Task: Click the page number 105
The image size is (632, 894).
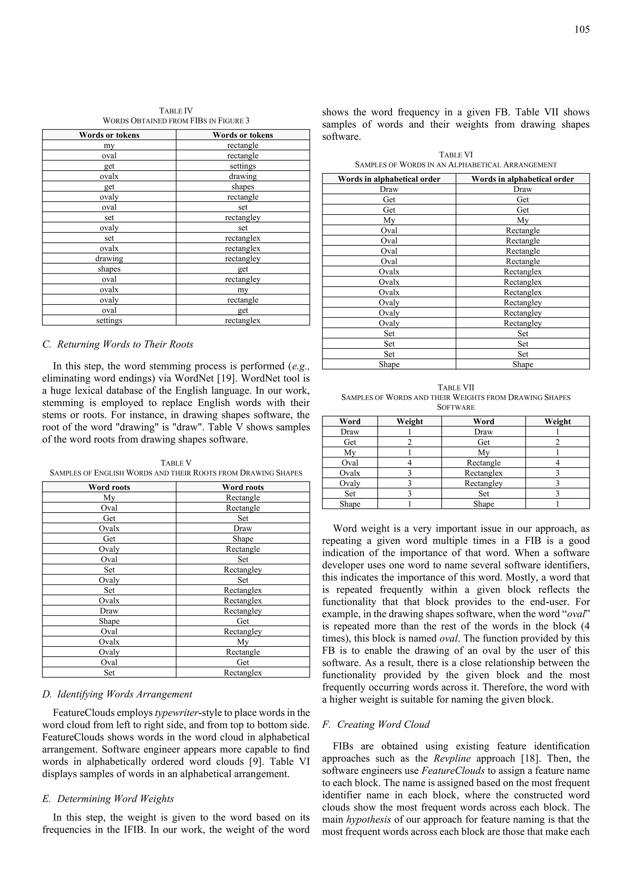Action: pyautogui.click(x=581, y=30)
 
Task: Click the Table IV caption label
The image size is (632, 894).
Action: pyautogui.click(x=176, y=111)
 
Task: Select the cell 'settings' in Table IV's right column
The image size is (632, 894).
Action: pyautogui.click(x=243, y=166)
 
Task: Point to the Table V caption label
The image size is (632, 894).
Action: pyautogui.click(x=176, y=463)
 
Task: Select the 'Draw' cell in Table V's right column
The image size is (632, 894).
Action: pyautogui.click(x=243, y=528)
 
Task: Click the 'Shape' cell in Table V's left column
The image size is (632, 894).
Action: pyautogui.click(x=109, y=621)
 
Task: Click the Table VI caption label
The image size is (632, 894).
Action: pyautogui.click(x=455, y=155)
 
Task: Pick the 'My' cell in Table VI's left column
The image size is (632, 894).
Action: pyautogui.click(x=389, y=220)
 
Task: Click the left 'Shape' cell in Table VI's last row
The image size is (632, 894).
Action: pyautogui.click(x=389, y=364)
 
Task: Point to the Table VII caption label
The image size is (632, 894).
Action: pyautogui.click(x=455, y=388)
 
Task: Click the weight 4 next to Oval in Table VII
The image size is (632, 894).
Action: pyautogui.click(x=409, y=463)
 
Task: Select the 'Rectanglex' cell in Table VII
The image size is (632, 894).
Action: pyautogui.click(x=483, y=473)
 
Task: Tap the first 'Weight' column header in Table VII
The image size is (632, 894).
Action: pyautogui.click(x=409, y=421)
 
